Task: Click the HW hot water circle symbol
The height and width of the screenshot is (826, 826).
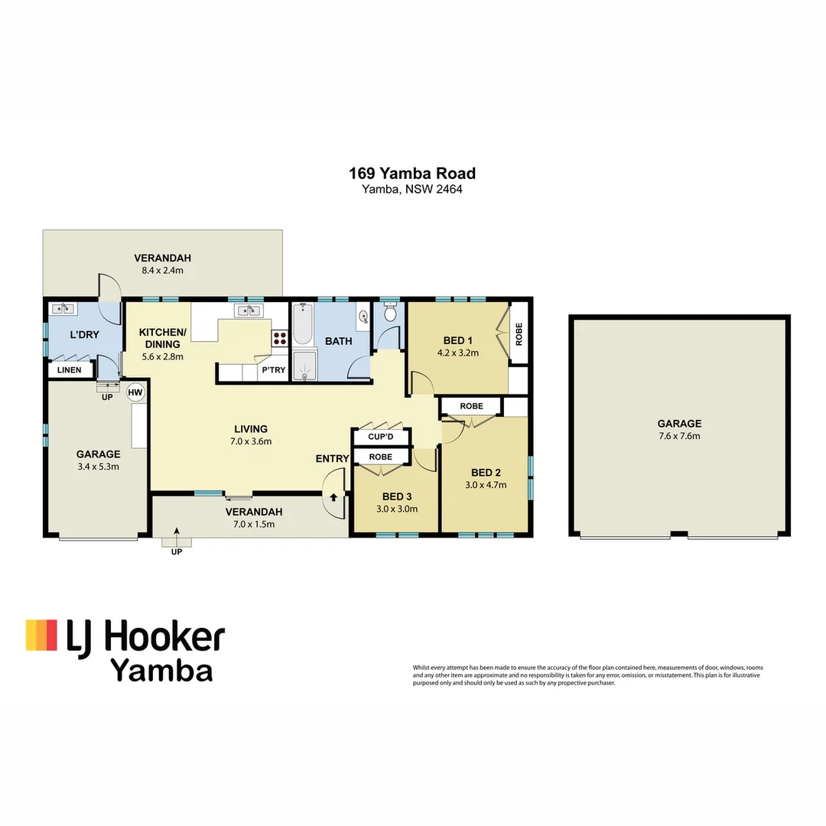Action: [135, 392]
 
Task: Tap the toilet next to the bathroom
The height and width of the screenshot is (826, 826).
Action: [390, 312]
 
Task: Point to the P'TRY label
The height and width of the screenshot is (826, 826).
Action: [273, 369]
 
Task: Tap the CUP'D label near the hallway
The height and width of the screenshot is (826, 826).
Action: [380, 437]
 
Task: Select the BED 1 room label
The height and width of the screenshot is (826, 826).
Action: [457, 340]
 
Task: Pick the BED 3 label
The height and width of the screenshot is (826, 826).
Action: [395, 496]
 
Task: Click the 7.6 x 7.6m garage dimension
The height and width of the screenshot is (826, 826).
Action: [679, 436]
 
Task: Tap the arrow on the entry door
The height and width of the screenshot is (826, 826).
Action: [333, 496]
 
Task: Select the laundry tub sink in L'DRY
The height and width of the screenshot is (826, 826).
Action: [61, 309]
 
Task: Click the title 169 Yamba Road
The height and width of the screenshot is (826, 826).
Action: [412, 174]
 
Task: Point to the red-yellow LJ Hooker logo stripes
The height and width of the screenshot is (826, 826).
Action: [41, 635]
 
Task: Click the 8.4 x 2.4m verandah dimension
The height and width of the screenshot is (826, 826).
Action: [162, 270]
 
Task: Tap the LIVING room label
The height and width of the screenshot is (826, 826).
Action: [251, 428]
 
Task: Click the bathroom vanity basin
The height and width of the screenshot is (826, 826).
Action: [362, 315]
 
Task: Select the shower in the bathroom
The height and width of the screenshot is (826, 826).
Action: [304, 366]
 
